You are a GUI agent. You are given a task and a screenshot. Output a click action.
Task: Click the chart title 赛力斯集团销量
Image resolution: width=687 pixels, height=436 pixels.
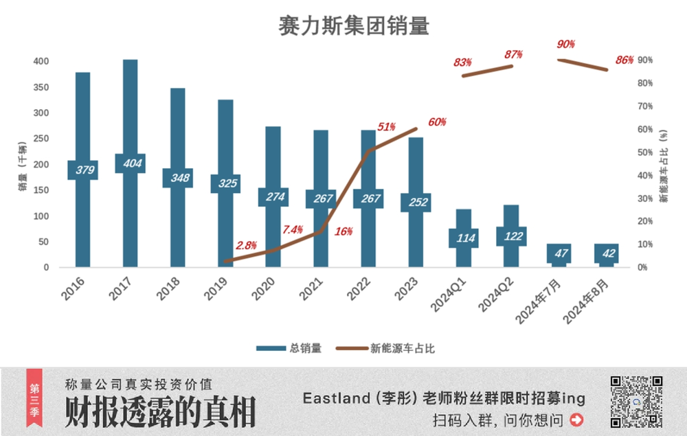click(354, 26)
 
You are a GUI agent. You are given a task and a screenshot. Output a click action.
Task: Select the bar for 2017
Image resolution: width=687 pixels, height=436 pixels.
click(130, 163)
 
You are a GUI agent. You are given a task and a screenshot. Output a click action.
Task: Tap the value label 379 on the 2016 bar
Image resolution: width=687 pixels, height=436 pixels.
click(83, 170)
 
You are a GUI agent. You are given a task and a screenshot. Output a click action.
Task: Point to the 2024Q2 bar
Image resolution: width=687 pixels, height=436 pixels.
click(511, 236)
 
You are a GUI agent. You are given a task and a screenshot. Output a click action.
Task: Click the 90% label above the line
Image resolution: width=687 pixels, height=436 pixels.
click(565, 44)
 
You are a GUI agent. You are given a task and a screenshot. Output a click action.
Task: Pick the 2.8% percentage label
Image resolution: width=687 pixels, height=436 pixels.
click(246, 245)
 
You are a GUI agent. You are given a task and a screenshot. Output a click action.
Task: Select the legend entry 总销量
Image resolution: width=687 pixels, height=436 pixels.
click(289, 348)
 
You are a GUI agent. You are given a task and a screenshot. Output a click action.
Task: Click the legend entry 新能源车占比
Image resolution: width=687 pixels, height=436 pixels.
click(385, 348)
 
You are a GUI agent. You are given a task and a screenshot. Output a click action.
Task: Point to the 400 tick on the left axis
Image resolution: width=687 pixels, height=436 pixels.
click(41, 61)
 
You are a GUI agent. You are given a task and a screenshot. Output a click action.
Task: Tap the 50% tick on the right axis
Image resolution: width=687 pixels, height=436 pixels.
click(645, 152)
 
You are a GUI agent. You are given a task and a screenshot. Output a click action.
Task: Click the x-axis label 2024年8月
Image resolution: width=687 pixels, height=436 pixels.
click(586, 301)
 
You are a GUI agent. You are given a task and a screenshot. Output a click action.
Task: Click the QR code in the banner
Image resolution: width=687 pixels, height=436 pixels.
click(637, 402)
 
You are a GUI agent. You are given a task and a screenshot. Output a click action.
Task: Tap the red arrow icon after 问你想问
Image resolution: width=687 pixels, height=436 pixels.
click(576, 420)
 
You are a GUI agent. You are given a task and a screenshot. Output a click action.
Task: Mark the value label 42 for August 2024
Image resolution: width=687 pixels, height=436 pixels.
click(609, 253)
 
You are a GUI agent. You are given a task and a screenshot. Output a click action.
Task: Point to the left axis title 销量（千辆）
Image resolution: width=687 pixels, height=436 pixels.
click(23, 166)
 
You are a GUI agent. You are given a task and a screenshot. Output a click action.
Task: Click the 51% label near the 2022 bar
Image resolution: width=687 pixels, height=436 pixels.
click(386, 127)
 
